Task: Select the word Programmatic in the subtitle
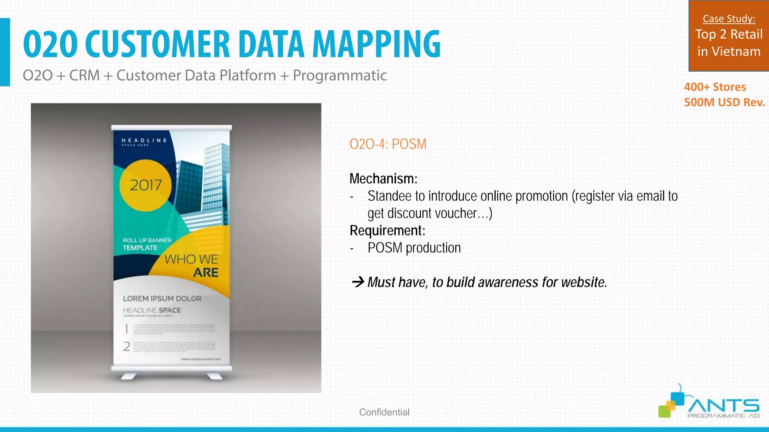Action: pyautogui.click(x=339, y=75)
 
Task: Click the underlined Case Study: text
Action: pyautogui.click(x=729, y=19)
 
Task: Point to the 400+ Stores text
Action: pyautogui.click(x=715, y=87)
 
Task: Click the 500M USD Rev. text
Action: pyautogui.click(x=724, y=102)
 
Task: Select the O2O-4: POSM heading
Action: pyautogui.click(x=388, y=144)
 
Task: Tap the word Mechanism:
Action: pyautogui.click(x=383, y=179)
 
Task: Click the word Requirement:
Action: pyautogui.click(x=387, y=231)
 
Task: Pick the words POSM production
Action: pyautogui.click(x=414, y=248)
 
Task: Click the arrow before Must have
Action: pyautogui.click(x=358, y=282)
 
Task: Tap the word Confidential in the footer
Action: pyautogui.click(x=384, y=412)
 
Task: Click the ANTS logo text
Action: pyautogui.click(x=723, y=406)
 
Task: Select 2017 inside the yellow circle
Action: pyautogui.click(x=146, y=185)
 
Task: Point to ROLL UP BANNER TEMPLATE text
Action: pyautogui.click(x=146, y=244)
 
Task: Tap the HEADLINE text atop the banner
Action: pyautogui.click(x=144, y=141)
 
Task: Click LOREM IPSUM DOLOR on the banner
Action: pyautogui.click(x=162, y=298)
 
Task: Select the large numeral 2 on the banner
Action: pyautogui.click(x=127, y=346)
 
